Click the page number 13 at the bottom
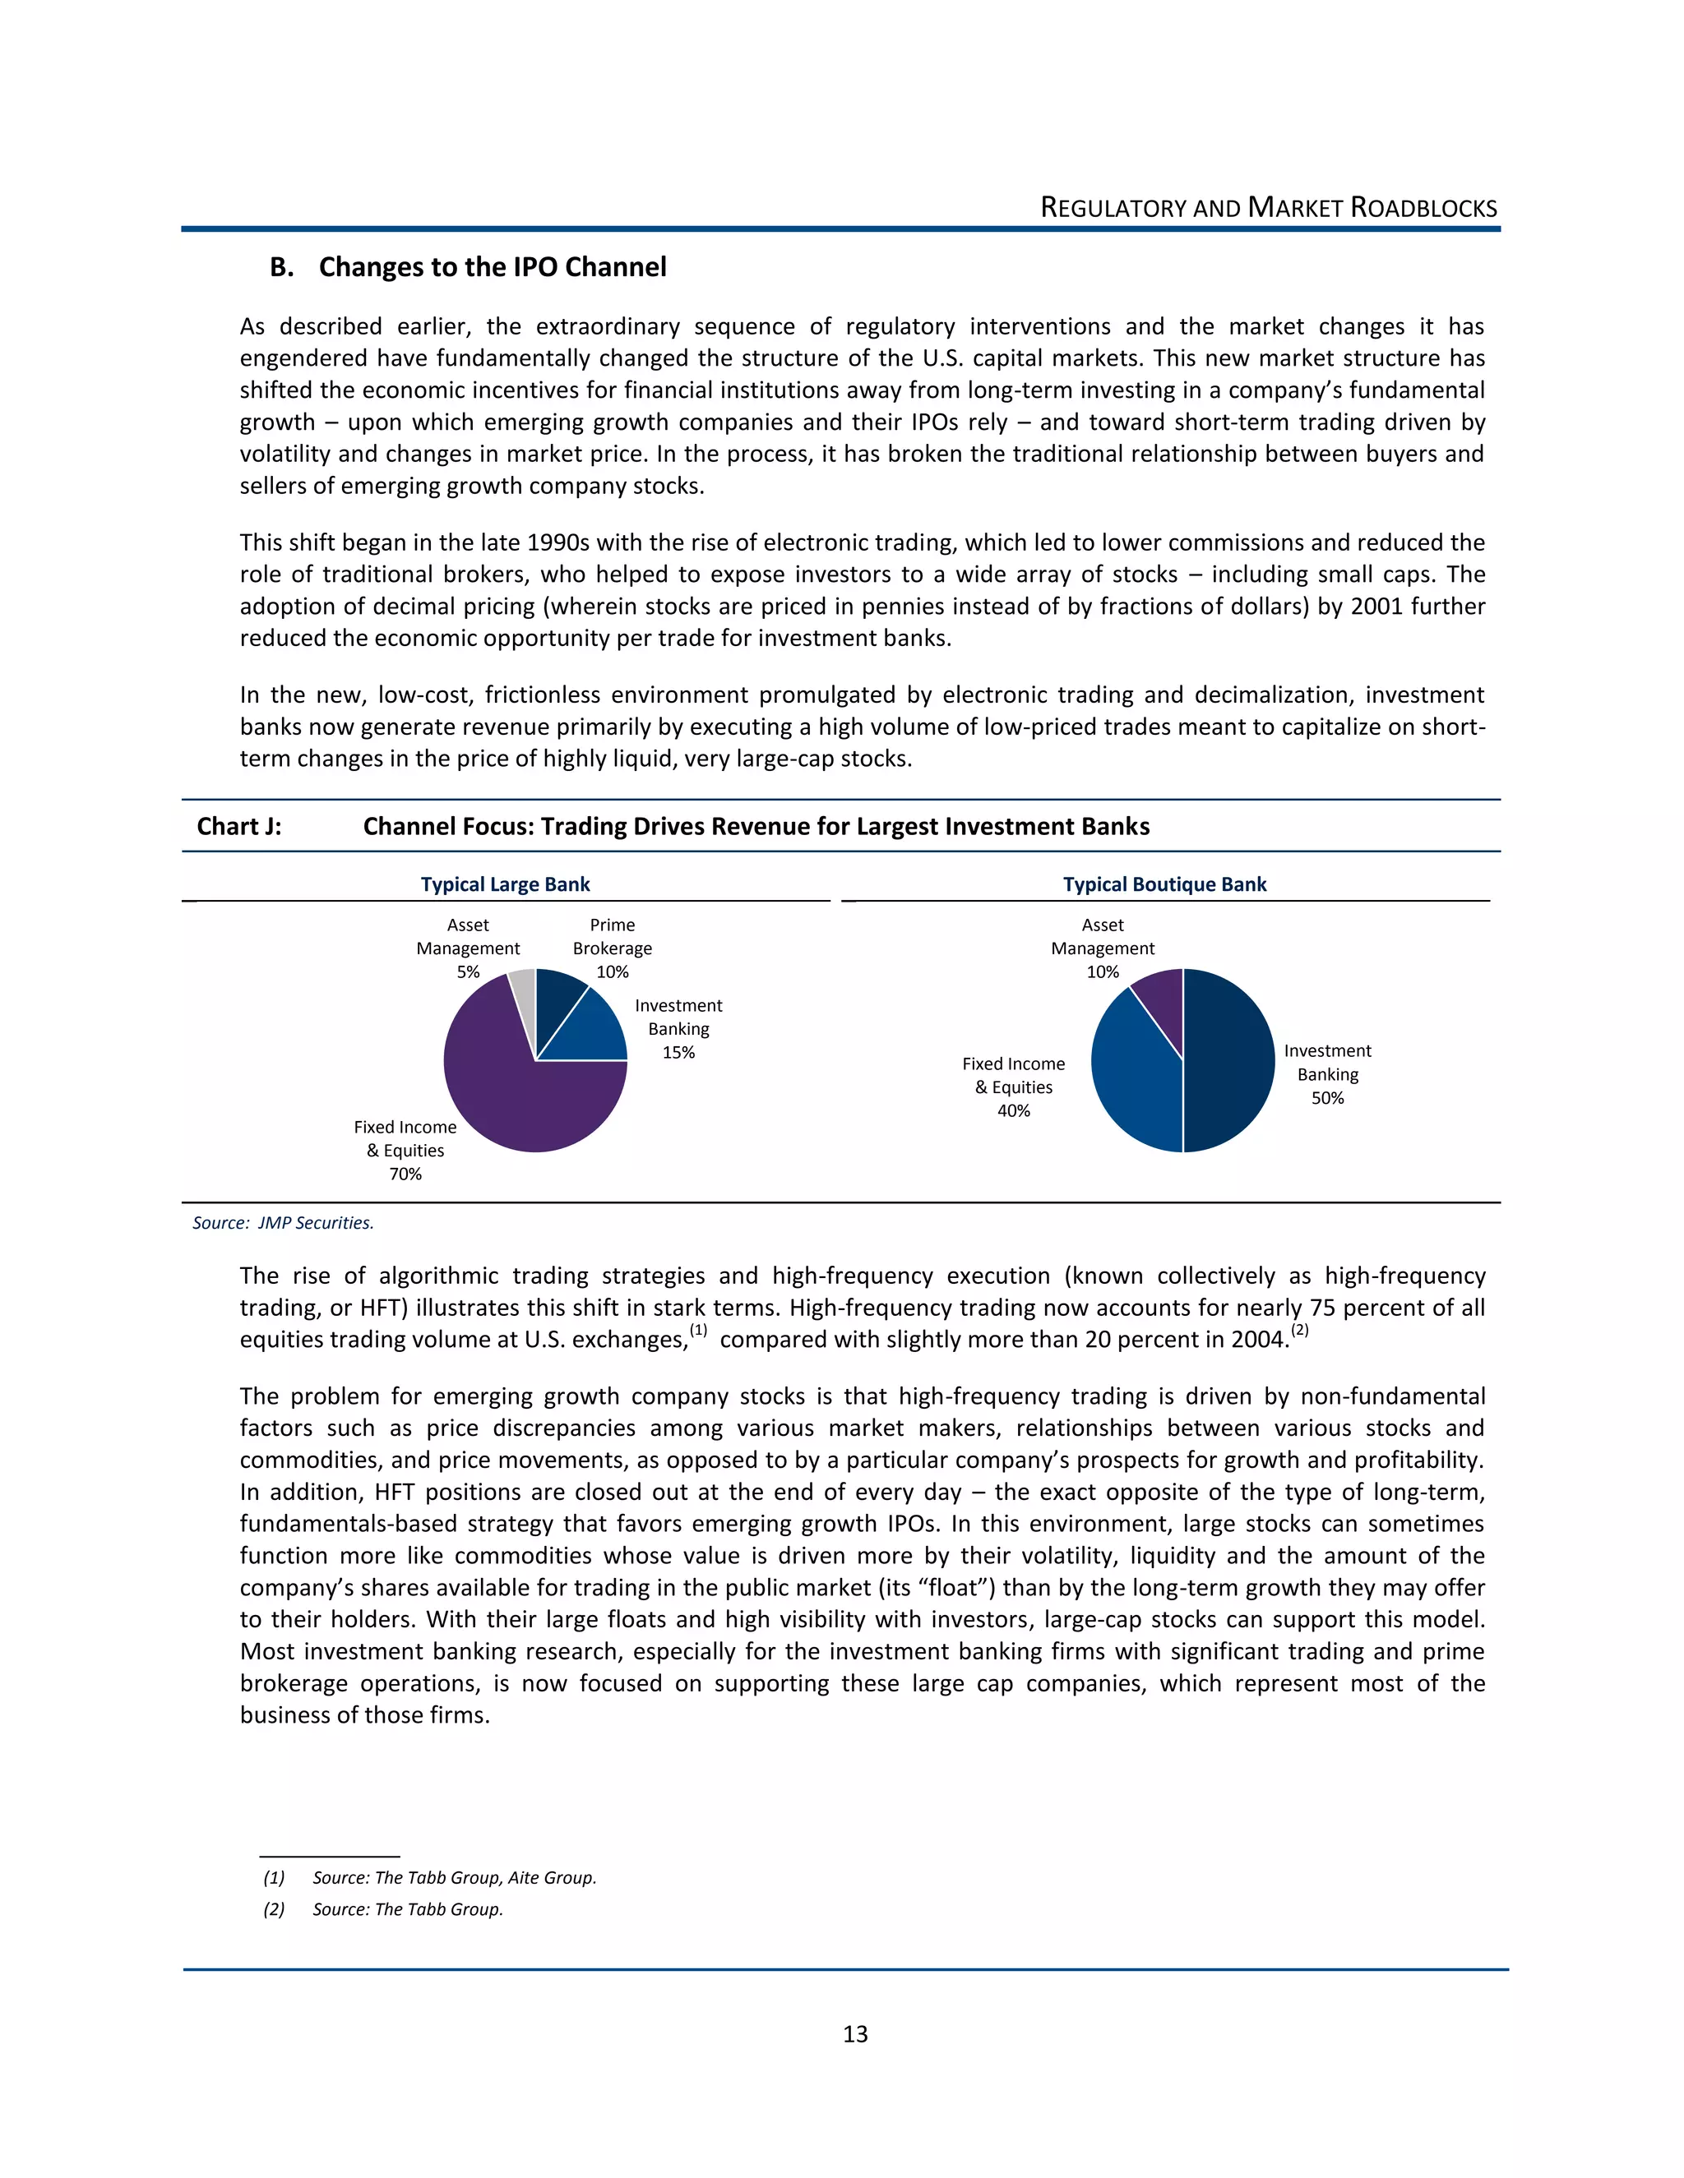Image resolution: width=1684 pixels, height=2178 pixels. point(855,2034)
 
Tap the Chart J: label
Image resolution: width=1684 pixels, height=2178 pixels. point(238,827)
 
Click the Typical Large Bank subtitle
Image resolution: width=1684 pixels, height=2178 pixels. point(505,884)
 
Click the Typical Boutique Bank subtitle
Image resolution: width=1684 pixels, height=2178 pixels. point(1164,884)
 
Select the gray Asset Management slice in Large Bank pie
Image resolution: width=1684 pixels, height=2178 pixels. point(523,987)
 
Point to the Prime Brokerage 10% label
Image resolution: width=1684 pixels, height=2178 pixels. point(612,948)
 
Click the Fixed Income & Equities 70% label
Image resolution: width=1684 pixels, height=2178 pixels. point(405,1151)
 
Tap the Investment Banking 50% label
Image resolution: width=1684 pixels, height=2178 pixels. point(1327,1074)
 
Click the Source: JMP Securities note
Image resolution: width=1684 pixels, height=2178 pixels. point(284,1224)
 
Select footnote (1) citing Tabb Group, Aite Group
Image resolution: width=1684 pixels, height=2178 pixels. point(430,1878)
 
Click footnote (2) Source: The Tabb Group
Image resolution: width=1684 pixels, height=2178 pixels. point(383,1910)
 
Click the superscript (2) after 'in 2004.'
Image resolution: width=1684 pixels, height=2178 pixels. point(1299,1331)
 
